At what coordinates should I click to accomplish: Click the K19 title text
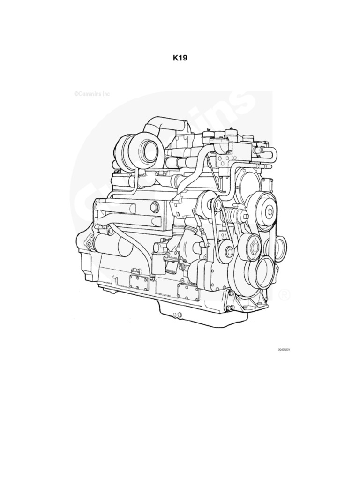click(x=180, y=59)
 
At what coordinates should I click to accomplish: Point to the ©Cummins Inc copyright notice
click(x=92, y=94)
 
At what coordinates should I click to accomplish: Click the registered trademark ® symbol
click(x=284, y=295)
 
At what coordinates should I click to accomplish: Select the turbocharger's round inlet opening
click(x=150, y=150)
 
